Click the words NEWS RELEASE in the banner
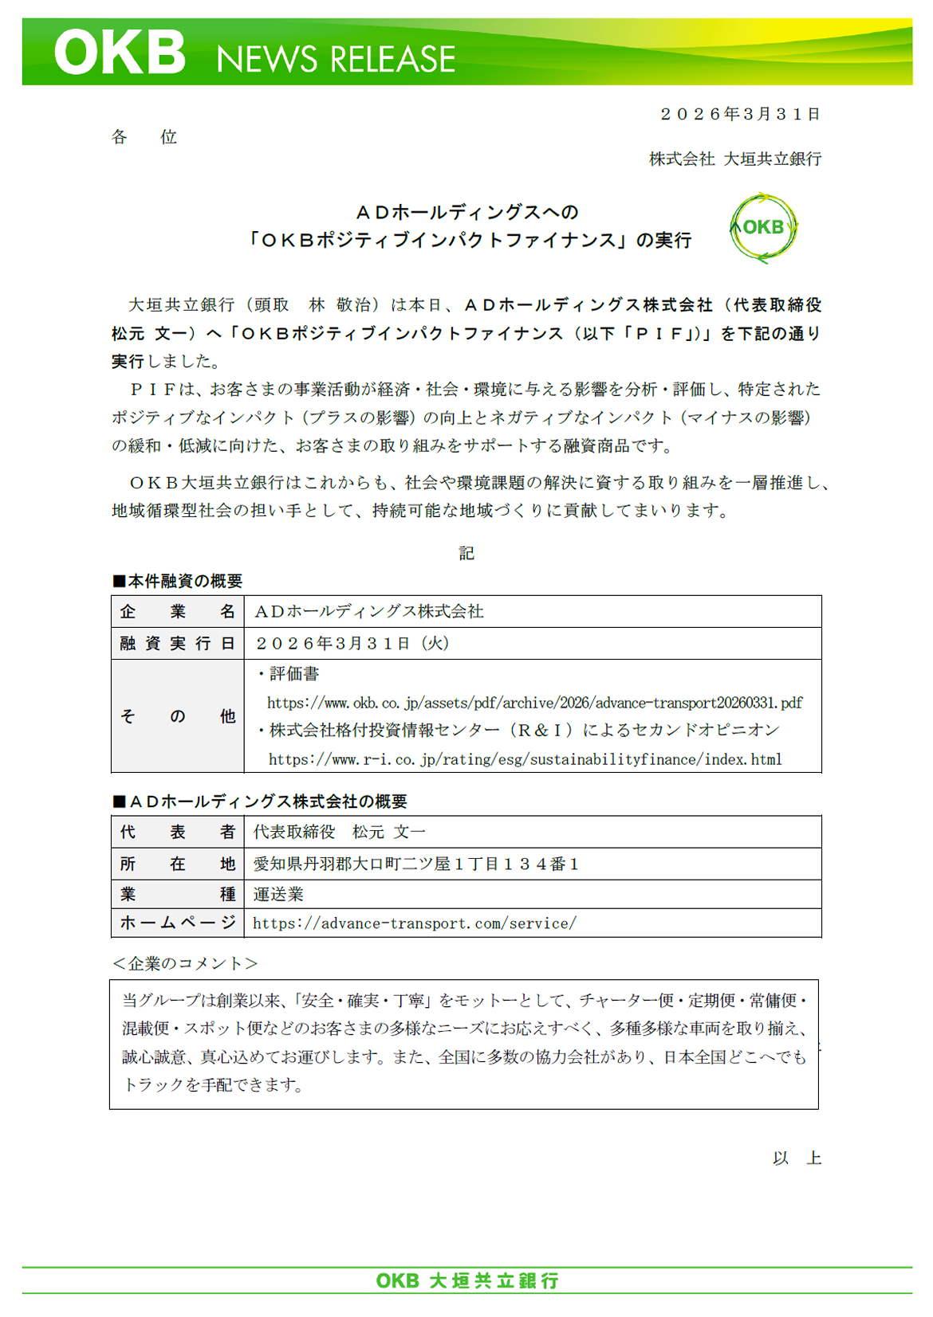click(336, 60)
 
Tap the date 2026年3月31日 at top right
click(741, 114)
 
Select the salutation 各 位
click(144, 137)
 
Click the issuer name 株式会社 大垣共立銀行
click(734, 159)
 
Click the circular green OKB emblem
click(763, 228)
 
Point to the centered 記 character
click(467, 553)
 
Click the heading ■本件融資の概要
click(177, 581)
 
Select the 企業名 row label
click(177, 611)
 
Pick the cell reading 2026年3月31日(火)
click(352, 643)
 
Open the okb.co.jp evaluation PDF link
click(534, 703)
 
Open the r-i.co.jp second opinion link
click(525, 759)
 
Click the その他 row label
click(177, 716)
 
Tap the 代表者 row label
click(177, 832)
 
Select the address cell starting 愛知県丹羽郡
click(415, 864)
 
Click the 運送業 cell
click(278, 894)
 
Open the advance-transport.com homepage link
click(414, 923)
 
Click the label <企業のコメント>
click(184, 963)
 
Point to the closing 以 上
click(797, 1158)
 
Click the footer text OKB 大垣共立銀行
click(467, 1280)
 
